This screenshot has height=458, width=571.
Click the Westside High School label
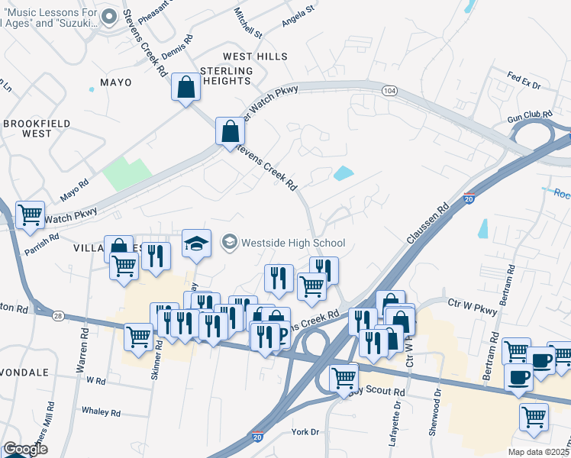(x=293, y=244)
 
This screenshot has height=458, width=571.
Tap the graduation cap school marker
(x=196, y=243)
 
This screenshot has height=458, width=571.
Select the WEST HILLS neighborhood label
(x=255, y=56)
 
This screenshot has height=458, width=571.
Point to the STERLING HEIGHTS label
(x=225, y=76)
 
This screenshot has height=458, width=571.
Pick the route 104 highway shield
(x=390, y=91)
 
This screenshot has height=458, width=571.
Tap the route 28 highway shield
(x=58, y=314)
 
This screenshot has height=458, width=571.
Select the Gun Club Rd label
(x=529, y=114)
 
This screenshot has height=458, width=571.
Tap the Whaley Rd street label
(x=101, y=412)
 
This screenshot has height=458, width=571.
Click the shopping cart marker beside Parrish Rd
(x=31, y=214)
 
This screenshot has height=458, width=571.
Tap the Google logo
(x=25, y=450)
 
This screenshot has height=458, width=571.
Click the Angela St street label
(x=298, y=15)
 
